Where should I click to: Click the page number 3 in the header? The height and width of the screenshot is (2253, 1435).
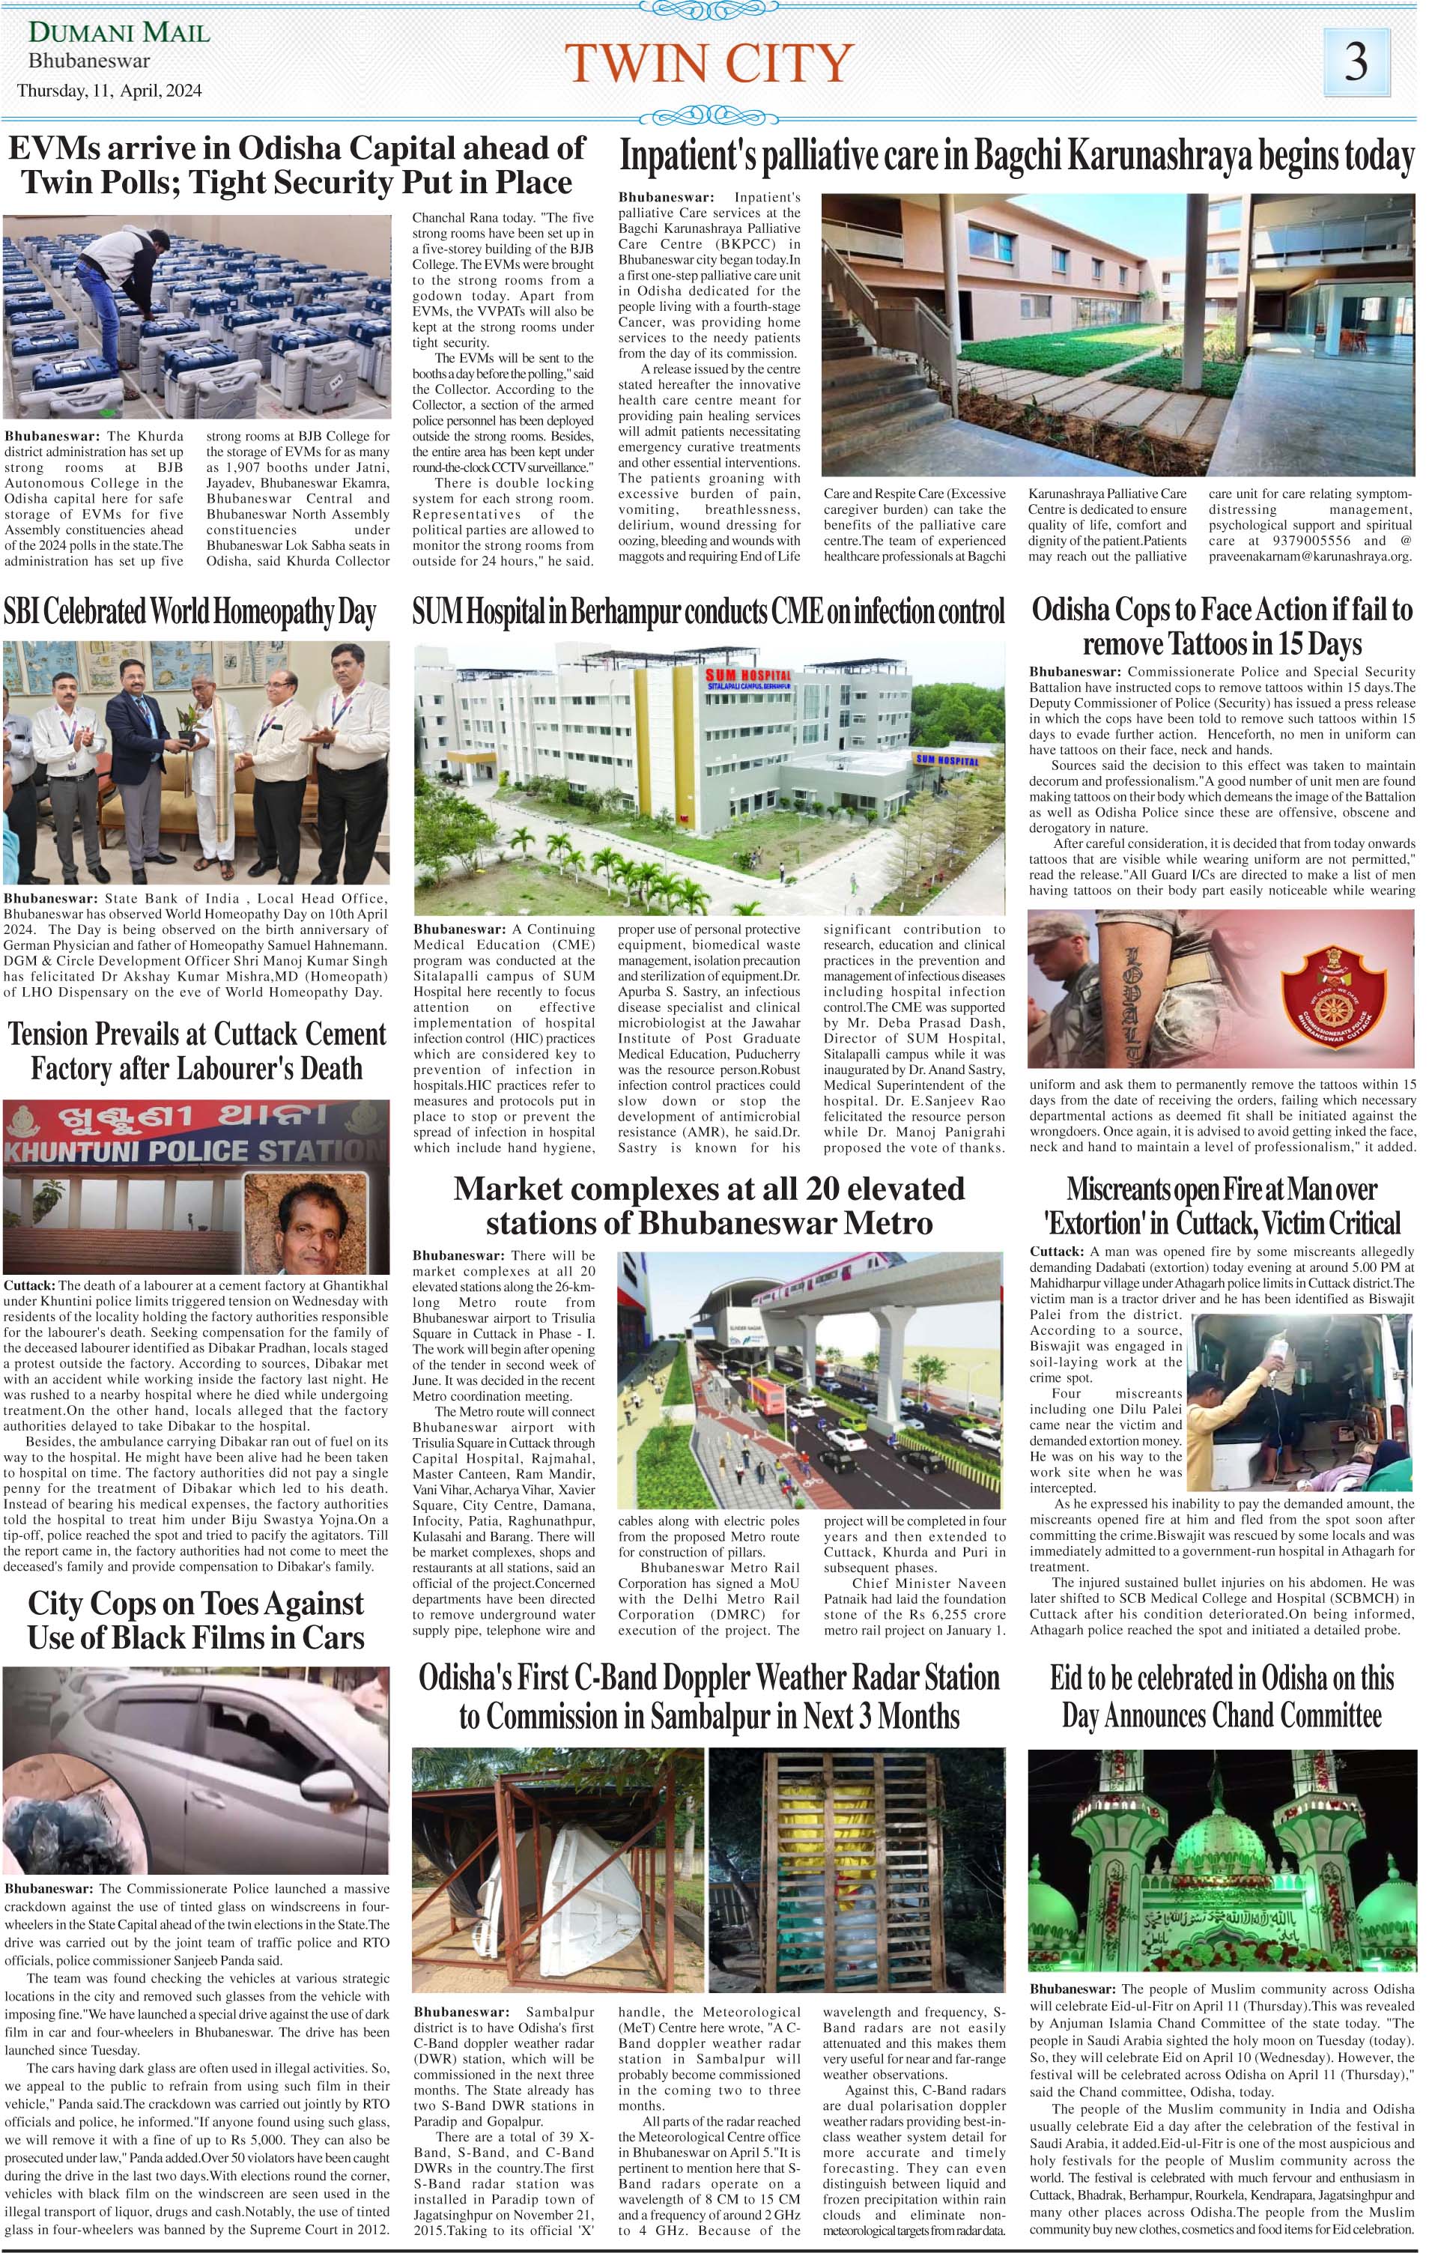1356,61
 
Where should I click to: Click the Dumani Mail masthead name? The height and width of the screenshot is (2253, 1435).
120,34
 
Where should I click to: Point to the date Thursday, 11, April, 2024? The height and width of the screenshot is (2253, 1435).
109,91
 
